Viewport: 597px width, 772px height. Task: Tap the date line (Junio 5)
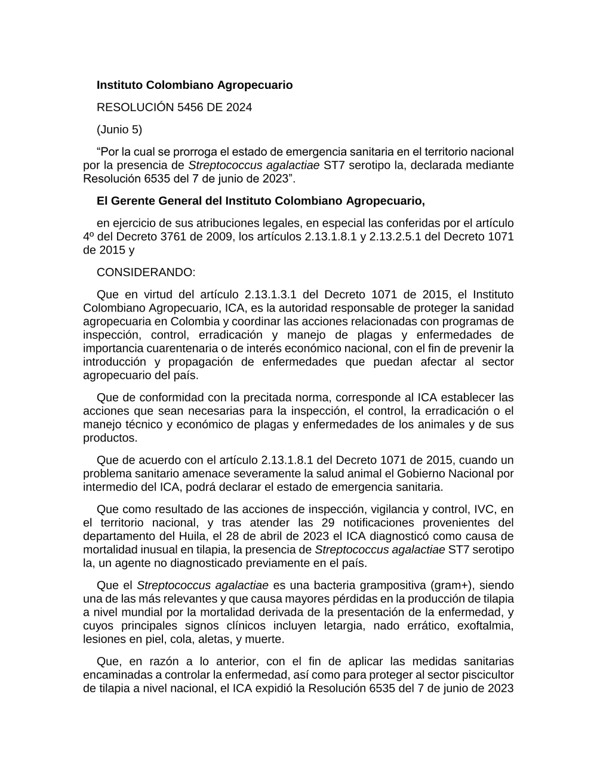tap(119, 129)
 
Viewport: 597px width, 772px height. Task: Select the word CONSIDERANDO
tap(146, 273)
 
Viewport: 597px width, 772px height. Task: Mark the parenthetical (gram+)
tap(453, 585)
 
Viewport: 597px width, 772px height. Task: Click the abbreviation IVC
tap(485, 509)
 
